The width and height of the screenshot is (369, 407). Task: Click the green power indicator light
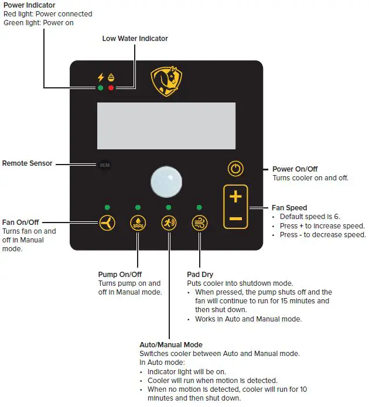click(x=100, y=88)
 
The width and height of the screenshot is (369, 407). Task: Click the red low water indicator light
click(x=111, y=88)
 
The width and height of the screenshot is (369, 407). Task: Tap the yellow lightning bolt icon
click(x=100, y=77)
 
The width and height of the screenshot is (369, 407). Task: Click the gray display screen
click(x=166, y=125)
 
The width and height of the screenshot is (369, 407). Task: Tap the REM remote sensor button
click(x=104, y=165)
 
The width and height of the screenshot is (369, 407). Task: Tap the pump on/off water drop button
click(x=138, y=223)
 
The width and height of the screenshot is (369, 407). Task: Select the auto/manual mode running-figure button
click(x=169, y=223)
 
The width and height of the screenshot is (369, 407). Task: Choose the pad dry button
click(x=199, y=223)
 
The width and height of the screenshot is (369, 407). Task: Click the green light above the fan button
click(x=107, y=207)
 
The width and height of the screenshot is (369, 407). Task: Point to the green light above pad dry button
click(x=199, y=207)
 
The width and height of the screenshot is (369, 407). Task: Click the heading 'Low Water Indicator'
click(x=135, y=39)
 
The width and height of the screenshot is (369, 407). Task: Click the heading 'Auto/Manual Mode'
click(x=171, y=345)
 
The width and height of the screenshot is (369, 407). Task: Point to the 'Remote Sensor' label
click(x=27, y=163)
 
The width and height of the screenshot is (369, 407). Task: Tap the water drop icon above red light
click(x=111, y=78)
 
